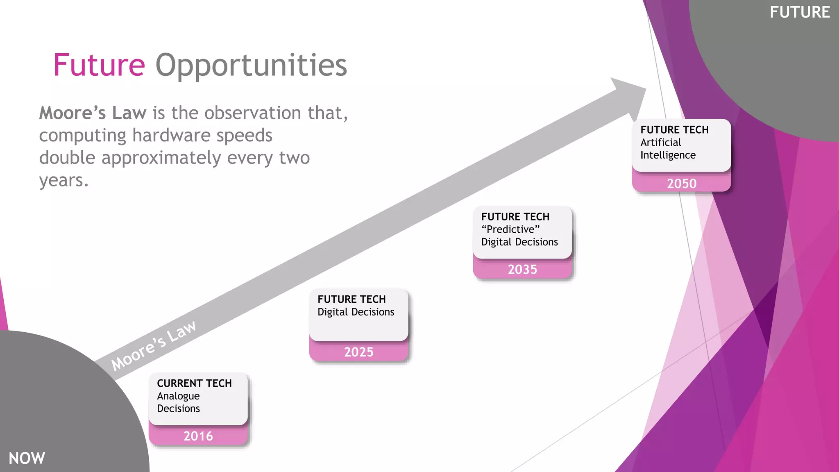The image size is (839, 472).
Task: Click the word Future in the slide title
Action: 99,65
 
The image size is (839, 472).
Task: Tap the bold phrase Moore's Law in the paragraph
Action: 93,113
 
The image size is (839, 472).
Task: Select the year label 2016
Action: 198,436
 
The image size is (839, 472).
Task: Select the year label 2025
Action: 358,352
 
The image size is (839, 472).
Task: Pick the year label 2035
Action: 522,269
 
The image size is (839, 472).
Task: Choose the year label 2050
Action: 682,184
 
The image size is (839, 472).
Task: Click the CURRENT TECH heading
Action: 194,383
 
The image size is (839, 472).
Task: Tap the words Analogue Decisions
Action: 179,402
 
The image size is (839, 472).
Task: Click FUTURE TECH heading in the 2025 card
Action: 351,300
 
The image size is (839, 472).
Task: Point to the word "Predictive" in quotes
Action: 510,229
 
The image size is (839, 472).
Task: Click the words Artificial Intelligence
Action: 668,149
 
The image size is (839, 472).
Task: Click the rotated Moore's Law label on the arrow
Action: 154,345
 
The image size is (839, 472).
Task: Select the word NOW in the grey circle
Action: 27,458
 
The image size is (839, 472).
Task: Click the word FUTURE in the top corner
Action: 800,12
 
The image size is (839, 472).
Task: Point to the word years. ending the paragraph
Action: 64,180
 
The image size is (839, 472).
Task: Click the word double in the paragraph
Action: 67,158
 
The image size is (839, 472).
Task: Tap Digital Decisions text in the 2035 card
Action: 519,242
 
